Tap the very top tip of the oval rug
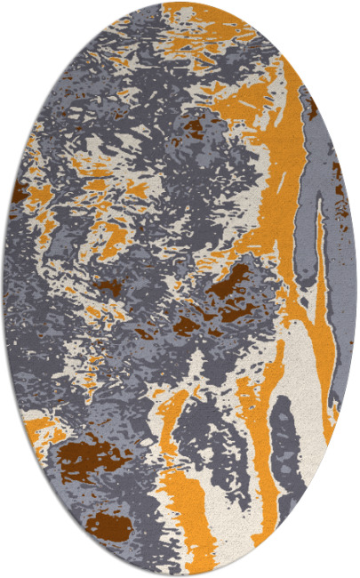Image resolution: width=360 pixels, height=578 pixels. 180,4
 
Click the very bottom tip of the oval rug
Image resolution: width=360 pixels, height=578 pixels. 180,574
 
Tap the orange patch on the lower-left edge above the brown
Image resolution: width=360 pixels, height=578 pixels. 44,427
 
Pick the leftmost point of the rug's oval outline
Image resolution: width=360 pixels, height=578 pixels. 4,289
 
